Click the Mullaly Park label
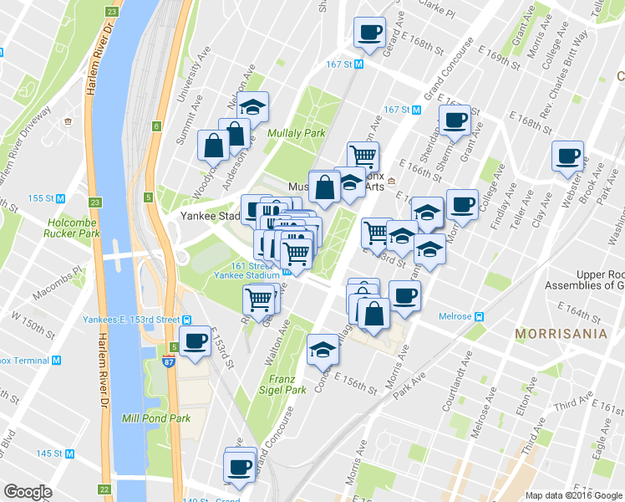296,133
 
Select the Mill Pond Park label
156,418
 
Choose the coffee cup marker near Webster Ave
568,156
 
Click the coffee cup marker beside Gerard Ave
369,33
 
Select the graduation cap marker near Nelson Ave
252,106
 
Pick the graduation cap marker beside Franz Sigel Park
323,350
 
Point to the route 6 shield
155,126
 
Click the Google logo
28,492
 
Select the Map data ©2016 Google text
573,494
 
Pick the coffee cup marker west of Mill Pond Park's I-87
196,341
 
